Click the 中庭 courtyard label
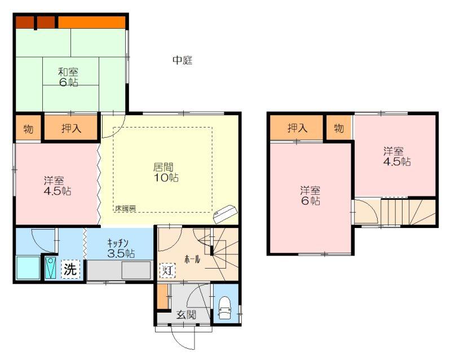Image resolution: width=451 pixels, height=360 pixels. point(182,60)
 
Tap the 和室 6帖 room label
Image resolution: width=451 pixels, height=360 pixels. point(68,77)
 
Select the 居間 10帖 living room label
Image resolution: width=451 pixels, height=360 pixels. point(165,172)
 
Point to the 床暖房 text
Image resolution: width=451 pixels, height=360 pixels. point(126,208)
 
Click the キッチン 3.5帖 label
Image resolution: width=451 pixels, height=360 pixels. point(121,248)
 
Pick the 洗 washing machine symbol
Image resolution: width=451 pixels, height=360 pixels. point(70,269)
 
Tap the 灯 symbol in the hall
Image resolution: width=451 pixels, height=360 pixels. point(167,270)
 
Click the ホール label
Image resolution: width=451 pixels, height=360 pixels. point(192,260)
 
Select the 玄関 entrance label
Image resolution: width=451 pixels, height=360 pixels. point(187,314)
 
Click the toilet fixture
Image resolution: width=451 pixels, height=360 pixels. point(224,308)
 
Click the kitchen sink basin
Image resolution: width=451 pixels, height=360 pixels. point(136,270)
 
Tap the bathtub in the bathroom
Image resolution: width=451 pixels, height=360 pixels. point(28,267)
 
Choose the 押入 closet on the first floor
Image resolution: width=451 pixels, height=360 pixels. point(71,128)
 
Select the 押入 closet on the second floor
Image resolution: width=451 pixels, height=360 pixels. point(297,128)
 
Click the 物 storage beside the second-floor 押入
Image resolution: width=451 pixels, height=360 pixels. point(339,128)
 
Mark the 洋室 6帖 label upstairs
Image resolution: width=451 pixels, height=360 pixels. point(311,196)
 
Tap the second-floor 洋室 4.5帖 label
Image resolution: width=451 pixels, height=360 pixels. point(397,156)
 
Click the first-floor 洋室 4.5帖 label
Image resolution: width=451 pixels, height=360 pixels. point(58,186)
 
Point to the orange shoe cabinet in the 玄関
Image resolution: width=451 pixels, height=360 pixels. point(162,297)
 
